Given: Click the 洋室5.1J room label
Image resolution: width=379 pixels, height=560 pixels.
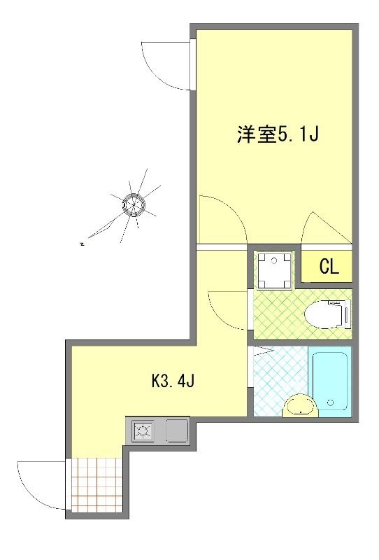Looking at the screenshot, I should tap(278, 134).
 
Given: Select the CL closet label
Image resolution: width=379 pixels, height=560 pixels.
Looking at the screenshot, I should tap(329, 267).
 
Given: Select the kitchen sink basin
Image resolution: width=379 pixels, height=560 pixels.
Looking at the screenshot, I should tap(176, 430).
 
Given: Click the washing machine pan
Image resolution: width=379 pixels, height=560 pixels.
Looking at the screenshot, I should tap(273, 270).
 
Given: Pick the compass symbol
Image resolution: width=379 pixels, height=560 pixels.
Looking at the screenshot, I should tap(133, 204).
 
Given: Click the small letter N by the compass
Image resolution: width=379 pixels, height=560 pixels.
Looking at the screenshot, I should tap(83, 244).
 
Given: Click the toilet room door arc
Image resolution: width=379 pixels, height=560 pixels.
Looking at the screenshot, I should tap(227, 308).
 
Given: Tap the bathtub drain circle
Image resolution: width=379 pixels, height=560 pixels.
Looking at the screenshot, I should tap(329, 403).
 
